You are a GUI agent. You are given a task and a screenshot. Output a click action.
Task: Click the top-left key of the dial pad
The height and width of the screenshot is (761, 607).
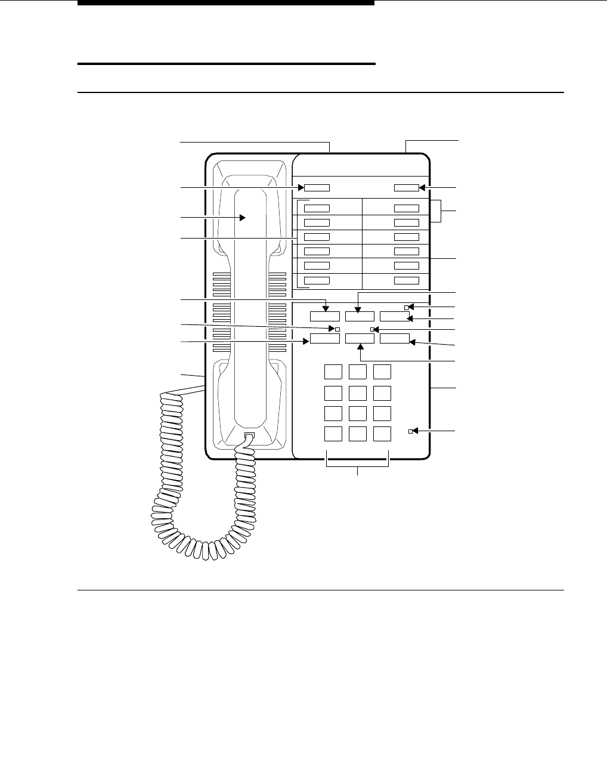click(x=333, y=372)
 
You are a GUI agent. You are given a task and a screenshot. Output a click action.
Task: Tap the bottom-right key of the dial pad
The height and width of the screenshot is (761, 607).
click(x=382, y=434)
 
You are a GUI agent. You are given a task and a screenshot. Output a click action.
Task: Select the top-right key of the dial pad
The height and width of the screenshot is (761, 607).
click(x=382, y=372)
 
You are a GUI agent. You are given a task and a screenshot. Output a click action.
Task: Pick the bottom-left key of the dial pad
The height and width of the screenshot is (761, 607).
click(x=333, y=434)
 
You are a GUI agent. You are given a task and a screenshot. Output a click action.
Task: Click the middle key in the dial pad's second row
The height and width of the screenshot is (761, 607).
click(x=358, y=393)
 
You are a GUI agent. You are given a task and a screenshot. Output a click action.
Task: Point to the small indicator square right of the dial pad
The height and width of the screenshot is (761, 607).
click(x=410, y=431)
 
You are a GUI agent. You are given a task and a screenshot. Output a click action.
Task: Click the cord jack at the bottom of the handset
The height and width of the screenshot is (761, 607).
click(x=249, y=437)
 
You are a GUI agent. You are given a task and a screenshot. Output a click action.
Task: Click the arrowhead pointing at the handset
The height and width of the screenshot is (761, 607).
click(x=243, y=218)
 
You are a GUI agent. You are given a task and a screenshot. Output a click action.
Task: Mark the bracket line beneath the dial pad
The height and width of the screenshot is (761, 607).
click(x=358, y=466)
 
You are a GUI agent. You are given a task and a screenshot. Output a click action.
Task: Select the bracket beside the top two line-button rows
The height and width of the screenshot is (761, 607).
click(x=441, y=212)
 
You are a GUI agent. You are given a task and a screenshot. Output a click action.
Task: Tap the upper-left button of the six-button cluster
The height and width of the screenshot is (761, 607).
click(x=325, y=317)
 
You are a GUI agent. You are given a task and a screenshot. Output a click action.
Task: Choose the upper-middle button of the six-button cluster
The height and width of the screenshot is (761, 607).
click(x=360, y=317)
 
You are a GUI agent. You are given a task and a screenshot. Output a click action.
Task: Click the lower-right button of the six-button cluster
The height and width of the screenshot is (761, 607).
click(x=395, y=339)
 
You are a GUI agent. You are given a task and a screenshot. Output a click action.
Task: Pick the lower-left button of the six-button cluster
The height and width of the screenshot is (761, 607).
click(x=325, y=339)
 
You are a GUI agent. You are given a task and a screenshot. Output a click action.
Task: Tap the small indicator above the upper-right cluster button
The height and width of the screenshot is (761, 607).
click(x=407, y=308)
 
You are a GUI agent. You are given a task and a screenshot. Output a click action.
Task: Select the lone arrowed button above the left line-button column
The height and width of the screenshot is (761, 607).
click(x=317, y=188)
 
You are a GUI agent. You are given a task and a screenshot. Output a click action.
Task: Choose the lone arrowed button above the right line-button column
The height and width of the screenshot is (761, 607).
click(x=406, y=188)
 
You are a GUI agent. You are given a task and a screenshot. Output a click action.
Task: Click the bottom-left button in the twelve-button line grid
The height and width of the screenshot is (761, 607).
click(x=317, y=280)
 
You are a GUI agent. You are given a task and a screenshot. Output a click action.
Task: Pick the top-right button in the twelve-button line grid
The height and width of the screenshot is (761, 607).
click(x=406, y=208)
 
